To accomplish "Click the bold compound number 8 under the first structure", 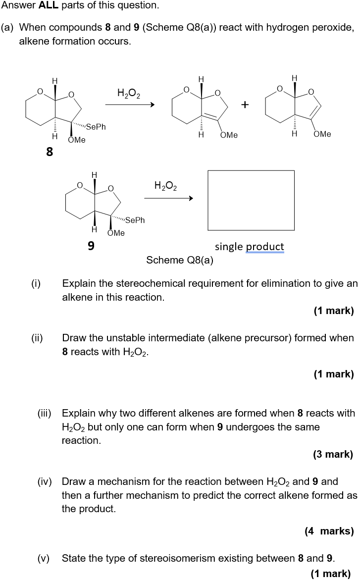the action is (x=50, y=152).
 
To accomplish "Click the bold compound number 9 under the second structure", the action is (x=91, y=245).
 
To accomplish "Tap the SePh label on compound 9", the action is (x=135, y=220).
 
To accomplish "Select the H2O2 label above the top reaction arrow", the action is (x=129, y=93).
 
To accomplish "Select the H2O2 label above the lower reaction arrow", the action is (x=166, y=186).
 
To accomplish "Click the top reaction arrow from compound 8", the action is (x=130, y=105).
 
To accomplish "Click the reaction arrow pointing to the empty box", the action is (x=168, y=198).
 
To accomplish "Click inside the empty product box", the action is (x=251, y=200).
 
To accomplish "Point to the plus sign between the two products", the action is (x=246, y=105).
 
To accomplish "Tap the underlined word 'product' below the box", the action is (x=265, y=247).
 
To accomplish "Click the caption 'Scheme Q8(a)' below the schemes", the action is (x=180, y=260).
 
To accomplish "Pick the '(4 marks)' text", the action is (x=329, y=531).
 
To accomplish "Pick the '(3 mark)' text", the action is (x=333, y=454).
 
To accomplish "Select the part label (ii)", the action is (x=37, y=338).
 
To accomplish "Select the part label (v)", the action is (x=44, y=559).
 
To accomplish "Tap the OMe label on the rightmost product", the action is (x=322, y=134).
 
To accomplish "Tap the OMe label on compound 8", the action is (x=77, y=140).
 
